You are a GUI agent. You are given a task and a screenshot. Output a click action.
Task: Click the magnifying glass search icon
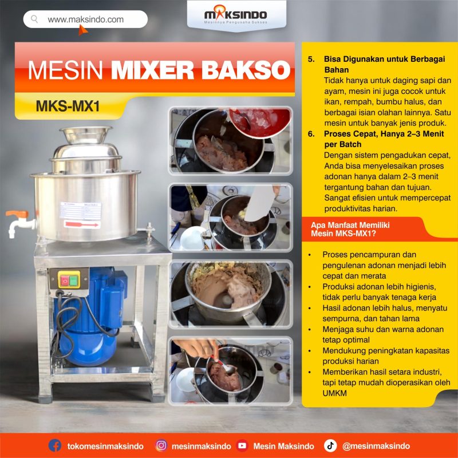click(34, 19)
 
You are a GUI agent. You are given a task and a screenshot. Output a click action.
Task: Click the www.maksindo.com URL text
click(85, 19)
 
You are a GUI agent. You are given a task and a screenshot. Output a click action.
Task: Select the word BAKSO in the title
click(246, 70)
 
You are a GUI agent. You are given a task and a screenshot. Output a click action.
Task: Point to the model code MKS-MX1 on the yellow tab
click(68, 106)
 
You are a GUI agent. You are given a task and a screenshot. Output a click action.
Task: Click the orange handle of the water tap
click(17, 214)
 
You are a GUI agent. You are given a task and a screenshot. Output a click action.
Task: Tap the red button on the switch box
click(64, 281)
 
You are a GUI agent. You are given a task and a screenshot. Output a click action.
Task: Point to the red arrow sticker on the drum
click(82, 224)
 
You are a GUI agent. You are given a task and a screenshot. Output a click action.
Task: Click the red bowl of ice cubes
click(259, 122)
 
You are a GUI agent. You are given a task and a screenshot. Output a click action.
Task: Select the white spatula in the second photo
click(259, 203)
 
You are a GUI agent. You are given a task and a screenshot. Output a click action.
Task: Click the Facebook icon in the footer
click(54, 446)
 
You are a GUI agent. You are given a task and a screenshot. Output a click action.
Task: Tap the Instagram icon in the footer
click(161, 446)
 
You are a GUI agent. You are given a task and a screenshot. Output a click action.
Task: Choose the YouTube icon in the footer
click(242, 446)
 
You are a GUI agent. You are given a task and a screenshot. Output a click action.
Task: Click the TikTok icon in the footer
click(330, 446)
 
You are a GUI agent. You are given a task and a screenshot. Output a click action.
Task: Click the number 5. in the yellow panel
click(311, 59)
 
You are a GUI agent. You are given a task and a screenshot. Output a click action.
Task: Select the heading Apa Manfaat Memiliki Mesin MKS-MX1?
click(350, 230)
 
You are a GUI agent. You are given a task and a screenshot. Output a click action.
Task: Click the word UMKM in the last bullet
click(334, 393)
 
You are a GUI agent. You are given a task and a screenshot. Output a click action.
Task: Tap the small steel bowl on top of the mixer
click(85, 135)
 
